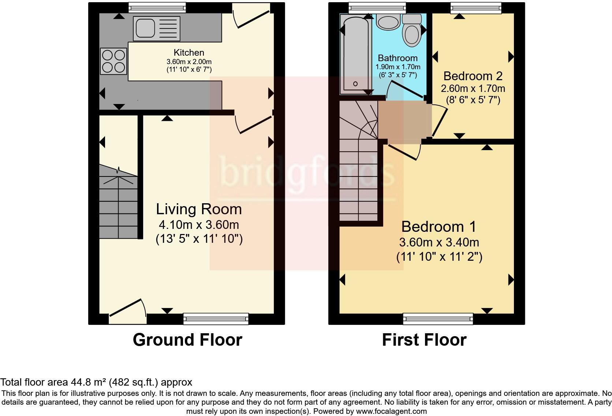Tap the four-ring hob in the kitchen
coord(113,61)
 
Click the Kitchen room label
coord(189,52)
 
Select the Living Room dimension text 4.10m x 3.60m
coord(199,225)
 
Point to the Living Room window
coord(216,319)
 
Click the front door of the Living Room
coord(128,312)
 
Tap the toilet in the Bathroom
coord(412,30)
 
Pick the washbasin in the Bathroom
coord(388,22)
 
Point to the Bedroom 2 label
coord(473,76)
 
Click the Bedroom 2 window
coord(476,8)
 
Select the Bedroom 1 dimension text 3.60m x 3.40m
coord(439,242)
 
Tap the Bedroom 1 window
coord(438,319)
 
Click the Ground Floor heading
coord(187,340)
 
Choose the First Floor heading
coord(424,340)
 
